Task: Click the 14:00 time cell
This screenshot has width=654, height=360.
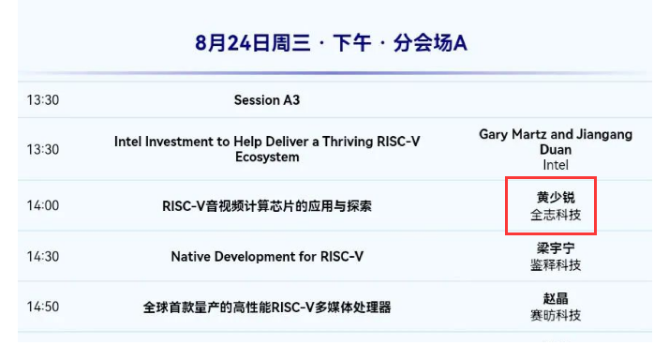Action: (x=43, y=205)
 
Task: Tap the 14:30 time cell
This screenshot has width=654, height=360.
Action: (x=43, y=257)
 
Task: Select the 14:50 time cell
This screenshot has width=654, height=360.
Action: (x=43, y=307)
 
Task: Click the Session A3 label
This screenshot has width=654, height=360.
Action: (x=267, y=100)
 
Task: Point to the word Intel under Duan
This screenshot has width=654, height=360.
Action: (x=556, y=165)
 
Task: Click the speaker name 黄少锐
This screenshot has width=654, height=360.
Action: (x=556, y=197)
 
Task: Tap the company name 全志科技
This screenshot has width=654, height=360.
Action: (x=556, y=215)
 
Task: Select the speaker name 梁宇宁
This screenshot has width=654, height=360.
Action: (x=556, y=248)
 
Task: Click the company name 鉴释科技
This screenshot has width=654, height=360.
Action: (x=556, y=265)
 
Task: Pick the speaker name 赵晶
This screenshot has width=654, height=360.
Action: (x=556, y=298)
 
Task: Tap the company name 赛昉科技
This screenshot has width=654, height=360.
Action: (x=556, y=315)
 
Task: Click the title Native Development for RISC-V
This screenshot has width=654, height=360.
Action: (x=267, y=257)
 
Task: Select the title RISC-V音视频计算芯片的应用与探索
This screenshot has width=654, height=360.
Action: (x=267, y=206)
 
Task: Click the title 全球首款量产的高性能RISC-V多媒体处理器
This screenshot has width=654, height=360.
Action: (x=267, y=307)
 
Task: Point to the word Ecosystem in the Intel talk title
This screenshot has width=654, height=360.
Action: (x=267, y=157)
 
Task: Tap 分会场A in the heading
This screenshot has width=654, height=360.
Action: (x=430, y=43)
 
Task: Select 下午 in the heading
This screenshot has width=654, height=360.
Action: (x=352, y=43)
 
